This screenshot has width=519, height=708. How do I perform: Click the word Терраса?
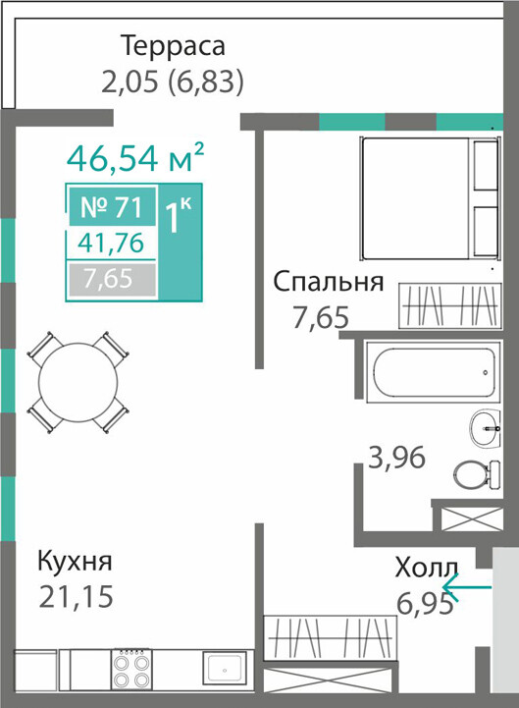(x=174, y=45)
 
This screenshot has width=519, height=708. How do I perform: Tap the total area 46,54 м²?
(x=135, y=157)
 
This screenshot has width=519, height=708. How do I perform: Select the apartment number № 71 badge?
(x=112, y=207)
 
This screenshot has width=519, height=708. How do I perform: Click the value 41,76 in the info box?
(x=111, y=243)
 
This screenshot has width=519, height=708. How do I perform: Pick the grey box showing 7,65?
(x=113, y=278)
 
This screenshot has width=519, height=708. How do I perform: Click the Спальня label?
(x=329, y=282)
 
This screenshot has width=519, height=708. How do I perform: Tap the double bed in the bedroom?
(x=430, y=198)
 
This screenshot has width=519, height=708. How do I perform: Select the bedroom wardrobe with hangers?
(x=450, y=305)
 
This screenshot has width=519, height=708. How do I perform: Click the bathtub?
(x=434, y=371)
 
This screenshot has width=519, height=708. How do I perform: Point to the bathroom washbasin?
(x=485, y=428)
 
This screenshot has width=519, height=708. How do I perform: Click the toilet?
(x=477, y=475)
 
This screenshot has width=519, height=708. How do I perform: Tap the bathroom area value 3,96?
(x=397, y=458)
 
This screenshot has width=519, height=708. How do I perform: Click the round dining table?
(x=78, y=382)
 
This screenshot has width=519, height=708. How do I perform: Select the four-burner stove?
(x=131, y=670)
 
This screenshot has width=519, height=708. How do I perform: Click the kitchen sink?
(x=225, y=668)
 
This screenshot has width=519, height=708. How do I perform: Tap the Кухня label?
(x=75, y=562)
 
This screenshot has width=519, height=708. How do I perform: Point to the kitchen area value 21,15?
(x=76, y=596)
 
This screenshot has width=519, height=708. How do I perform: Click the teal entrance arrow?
(x=467, y=587)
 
